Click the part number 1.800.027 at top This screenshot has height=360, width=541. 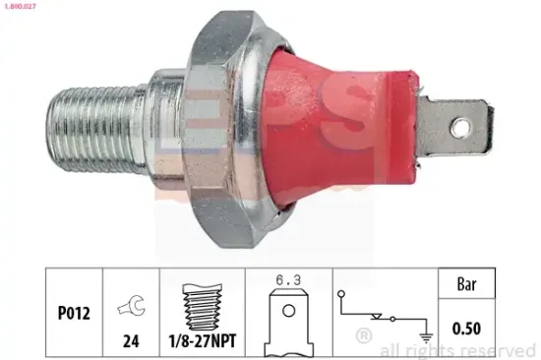20,6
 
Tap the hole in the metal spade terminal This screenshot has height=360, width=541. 461,128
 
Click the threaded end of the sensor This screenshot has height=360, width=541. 96,130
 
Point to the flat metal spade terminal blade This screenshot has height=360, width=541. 454,127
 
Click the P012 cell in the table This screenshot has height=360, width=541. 74,313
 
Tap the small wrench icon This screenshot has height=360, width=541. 132,305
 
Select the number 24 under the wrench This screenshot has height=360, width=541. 131,341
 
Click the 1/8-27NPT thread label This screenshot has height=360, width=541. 203,340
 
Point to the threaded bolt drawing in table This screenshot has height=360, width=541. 203,307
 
